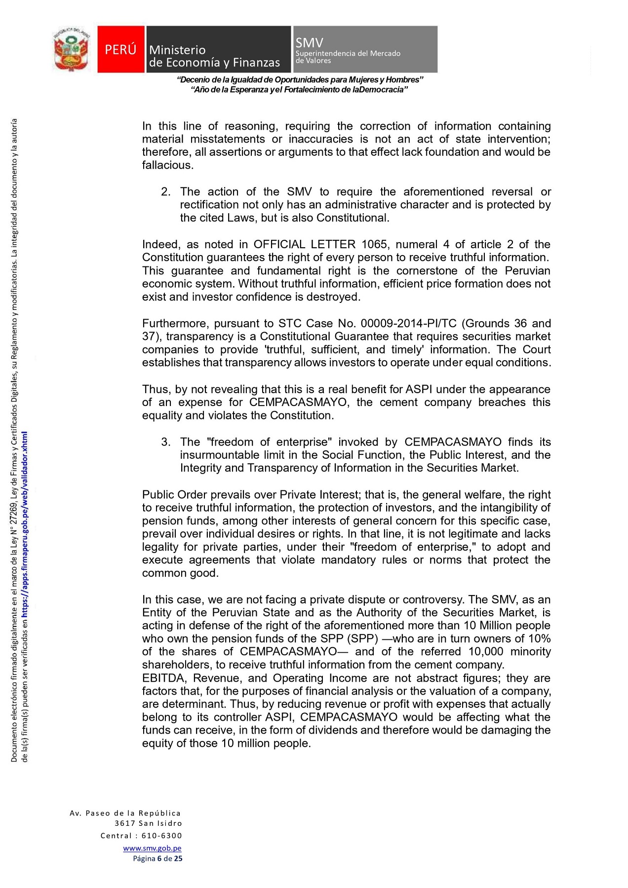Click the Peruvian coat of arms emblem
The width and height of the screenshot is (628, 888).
72,49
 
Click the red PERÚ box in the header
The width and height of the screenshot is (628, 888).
120,49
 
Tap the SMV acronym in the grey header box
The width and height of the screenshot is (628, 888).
309,43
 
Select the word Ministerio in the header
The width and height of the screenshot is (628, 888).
177,50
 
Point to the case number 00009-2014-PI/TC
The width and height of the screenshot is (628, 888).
408,323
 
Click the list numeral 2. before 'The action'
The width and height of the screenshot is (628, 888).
165,191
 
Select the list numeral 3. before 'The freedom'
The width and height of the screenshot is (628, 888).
165,442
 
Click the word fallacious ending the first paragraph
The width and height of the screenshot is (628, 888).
167,165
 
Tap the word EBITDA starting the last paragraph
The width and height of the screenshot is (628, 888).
164,678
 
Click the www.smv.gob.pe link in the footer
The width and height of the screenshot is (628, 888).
152,848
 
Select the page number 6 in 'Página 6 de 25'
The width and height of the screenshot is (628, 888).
159,858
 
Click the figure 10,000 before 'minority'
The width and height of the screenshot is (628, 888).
486,651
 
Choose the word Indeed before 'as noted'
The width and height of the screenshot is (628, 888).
159,244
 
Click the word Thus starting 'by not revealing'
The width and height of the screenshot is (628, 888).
155,389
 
